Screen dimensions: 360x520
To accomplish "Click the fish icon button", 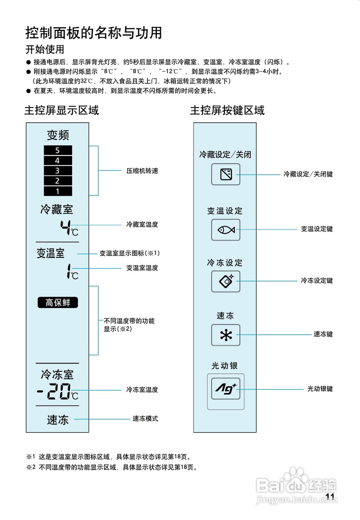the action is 226,230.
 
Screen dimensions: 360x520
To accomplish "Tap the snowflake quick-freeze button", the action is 226,335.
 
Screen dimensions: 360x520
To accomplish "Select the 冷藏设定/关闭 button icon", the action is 226,174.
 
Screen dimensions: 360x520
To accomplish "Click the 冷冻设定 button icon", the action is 226,281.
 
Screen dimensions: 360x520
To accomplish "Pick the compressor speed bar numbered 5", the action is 58,150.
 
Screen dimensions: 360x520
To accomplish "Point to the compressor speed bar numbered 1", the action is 58,191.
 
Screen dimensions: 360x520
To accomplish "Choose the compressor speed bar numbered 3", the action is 58,171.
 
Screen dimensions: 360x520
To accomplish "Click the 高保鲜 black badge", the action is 58,303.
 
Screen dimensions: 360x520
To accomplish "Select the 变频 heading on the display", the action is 58,135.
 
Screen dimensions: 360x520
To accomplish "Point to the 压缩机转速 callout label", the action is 142,171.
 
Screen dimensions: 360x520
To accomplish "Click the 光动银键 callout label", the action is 320,389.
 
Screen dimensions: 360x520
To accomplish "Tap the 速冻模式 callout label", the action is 145,419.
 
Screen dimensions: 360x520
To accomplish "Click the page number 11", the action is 330,496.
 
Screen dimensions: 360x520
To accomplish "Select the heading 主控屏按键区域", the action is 227,110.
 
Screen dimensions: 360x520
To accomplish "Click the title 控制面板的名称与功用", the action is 94,32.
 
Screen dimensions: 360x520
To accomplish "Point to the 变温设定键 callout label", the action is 317,229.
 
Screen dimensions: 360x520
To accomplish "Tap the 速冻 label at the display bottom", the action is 58,420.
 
